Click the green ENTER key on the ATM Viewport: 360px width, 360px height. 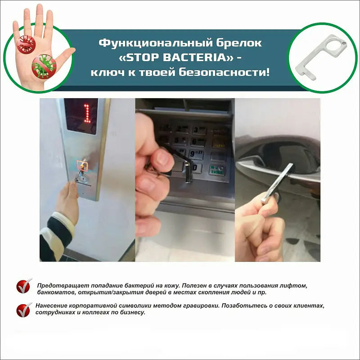218,170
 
